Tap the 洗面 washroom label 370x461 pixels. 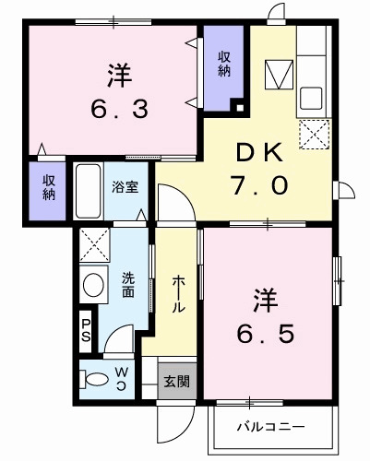[128, 286]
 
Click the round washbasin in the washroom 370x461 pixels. [92, 286]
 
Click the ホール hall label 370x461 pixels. [174, 293]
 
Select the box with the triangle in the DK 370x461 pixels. [277, 74]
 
